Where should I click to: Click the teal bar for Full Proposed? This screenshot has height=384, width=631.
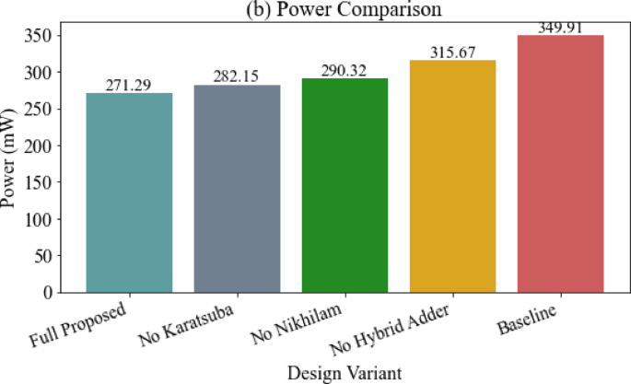pos(129,192)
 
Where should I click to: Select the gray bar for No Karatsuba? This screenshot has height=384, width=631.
pos(237,189)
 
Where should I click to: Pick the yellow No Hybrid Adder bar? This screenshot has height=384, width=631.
pos(452,176)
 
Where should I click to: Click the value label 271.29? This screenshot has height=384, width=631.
pos(129,85)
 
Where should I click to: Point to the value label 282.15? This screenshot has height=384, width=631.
pos(237,76)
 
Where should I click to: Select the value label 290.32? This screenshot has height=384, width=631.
pos(345,70)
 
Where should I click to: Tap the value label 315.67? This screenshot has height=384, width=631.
pos(452,52)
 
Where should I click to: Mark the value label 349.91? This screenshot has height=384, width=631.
pos(560,27)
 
